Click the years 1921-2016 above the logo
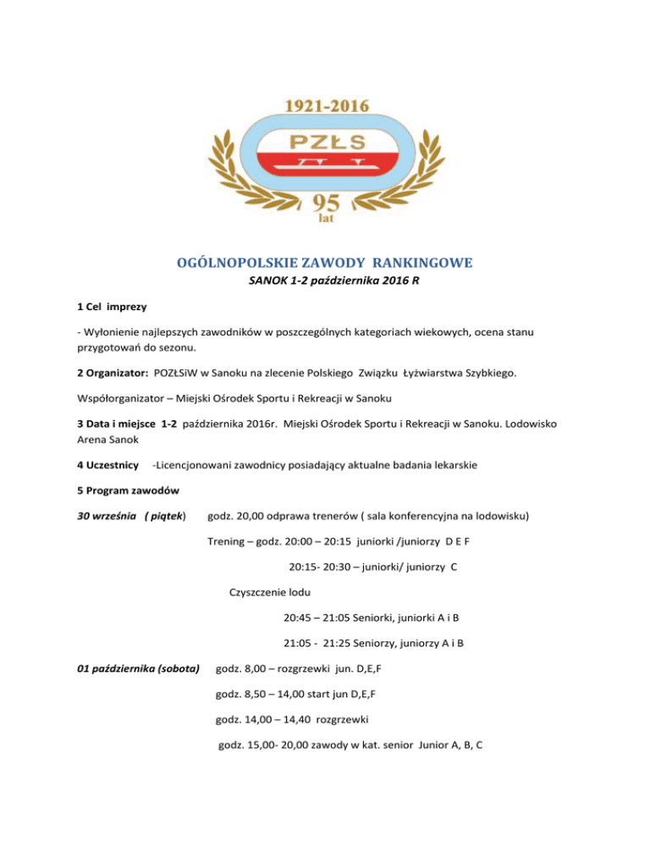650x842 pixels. click(x=325, y=107)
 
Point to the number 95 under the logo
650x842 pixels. click(x=325, y=202)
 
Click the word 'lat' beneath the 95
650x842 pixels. click(x=325, y=219)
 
